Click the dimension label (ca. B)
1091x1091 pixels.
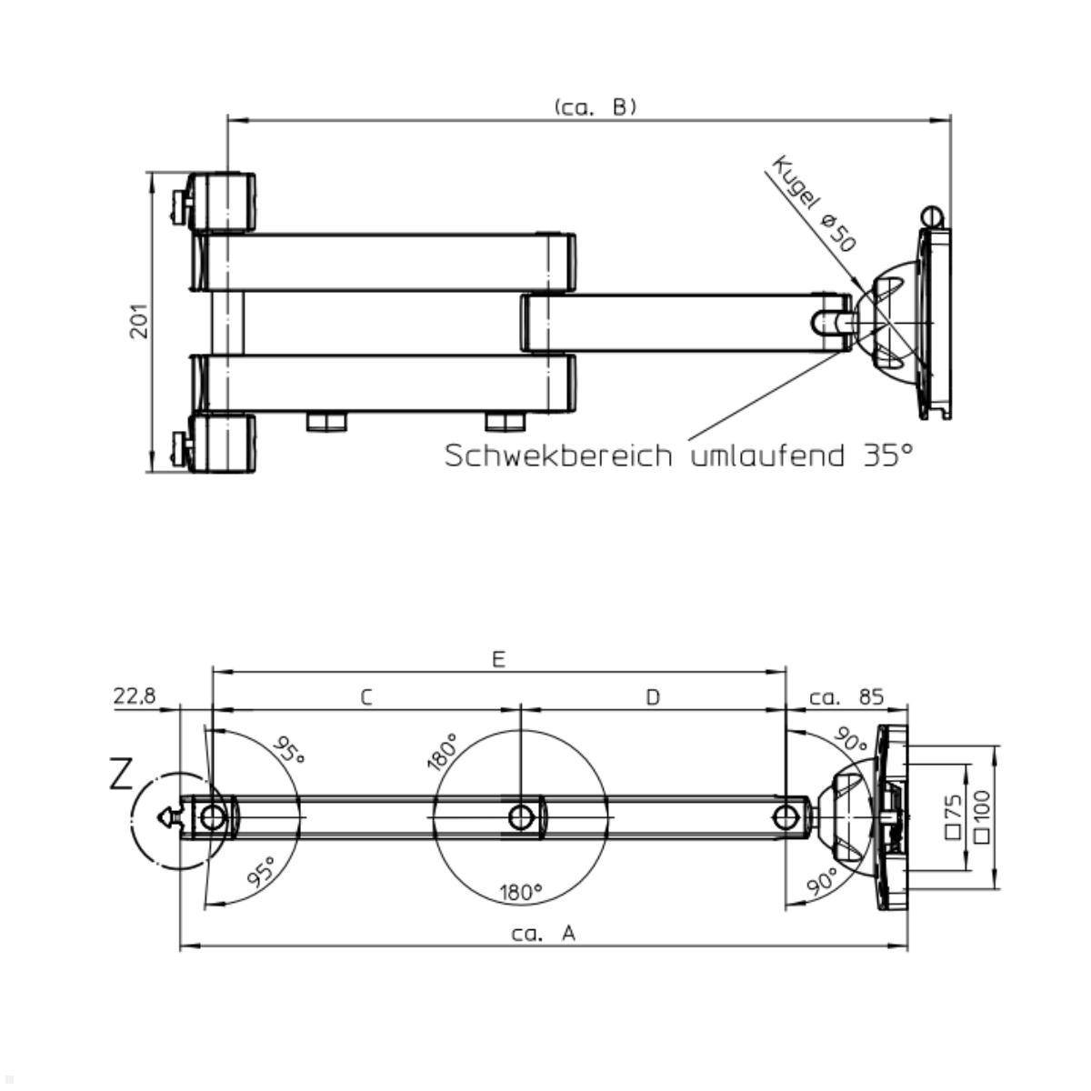coord(596,107)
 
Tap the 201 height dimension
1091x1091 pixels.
coord(139,321)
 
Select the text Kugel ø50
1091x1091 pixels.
coord(814,204)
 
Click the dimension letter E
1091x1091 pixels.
coord(498,659)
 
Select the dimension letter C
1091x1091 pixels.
coord(366,697)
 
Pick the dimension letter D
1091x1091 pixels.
coord(653,697)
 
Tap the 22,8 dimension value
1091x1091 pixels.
coord(135,696)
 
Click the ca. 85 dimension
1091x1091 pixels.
coord(846,697)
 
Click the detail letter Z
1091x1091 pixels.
coord(122,776)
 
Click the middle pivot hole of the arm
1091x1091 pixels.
coord(520,817)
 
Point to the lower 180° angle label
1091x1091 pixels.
coord(521,892)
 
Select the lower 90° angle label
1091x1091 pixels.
coord(822,881)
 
